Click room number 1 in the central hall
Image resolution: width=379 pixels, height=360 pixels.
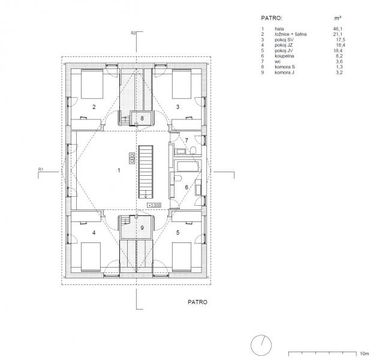click(x=119, y=170)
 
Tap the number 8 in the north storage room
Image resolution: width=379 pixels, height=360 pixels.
click(x=142, y=118)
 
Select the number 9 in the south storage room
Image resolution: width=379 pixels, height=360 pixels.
click(x=142, y=228)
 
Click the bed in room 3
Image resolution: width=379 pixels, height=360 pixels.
click(x=182, y=84)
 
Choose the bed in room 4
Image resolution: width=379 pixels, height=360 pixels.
click(x=91, y=257)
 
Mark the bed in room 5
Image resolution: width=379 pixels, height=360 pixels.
click(x=182, y=257)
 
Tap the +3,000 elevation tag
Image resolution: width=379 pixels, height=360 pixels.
click(x=155, y=205)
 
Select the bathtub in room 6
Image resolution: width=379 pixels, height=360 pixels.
click(x=188, y=166)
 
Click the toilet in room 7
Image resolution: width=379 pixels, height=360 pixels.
click(x=193, y=151)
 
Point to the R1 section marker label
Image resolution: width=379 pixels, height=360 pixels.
click(x=41, y=169)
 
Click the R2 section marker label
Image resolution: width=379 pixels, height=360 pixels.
click(x=133, y=33)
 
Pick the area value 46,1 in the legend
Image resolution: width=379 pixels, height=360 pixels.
click(x=338, y=29)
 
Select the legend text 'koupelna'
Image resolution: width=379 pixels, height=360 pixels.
click(x=284, y=56)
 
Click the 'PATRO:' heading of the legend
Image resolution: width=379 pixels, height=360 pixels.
click(x=272, y=18)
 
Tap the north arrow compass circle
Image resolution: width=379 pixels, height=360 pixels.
click(x=261, y=345)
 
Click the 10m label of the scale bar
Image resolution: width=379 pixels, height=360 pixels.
click(x=365, y=354)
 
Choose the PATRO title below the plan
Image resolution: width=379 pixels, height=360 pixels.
click(x=197, y=302)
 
